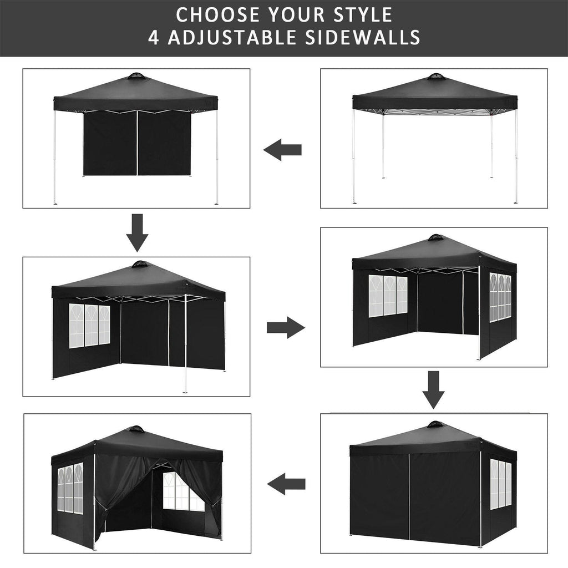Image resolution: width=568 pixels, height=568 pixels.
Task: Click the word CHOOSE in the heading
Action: coord(213,13)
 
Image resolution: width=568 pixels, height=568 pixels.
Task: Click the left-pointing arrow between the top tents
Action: coord(282,150)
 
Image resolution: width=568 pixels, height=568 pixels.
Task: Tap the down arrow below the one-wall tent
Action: coord(137,232)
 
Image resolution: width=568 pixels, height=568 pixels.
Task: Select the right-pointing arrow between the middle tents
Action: coord(286,328)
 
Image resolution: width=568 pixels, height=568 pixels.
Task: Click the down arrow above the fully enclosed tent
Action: coord(433,389)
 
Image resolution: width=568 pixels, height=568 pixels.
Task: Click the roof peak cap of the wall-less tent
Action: coord(436,76)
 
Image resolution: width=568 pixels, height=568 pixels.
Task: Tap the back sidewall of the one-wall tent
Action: coord(136,143)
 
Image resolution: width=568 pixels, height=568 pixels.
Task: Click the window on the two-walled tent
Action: coord(89,325)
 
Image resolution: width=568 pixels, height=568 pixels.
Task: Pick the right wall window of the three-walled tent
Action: coord(500,296)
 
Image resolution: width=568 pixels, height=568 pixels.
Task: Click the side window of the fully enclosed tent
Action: coord(500,484)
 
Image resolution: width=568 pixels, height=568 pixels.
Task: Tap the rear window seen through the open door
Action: coord(180,491)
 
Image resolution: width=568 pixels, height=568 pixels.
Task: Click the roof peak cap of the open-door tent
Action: coord(135,429)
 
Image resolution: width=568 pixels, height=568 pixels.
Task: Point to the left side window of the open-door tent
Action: coord(70,488)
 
